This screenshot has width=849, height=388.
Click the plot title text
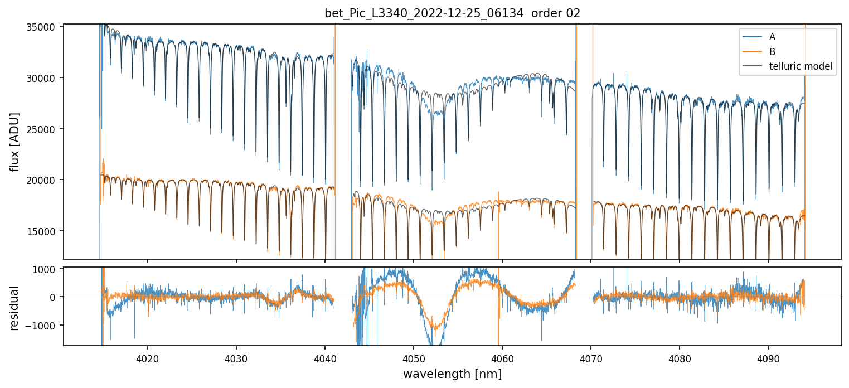452,13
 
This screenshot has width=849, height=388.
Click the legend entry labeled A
772,37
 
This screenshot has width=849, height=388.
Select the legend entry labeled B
772,51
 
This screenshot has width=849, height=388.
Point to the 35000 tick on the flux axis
42,27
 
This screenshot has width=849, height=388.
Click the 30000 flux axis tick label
42,78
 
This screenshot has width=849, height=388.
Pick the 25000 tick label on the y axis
42,129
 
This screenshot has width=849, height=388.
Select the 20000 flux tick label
42,180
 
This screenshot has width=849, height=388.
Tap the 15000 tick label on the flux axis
42,231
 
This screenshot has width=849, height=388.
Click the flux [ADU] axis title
15,142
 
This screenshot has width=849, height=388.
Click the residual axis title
15,308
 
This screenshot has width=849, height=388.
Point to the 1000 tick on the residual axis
47,269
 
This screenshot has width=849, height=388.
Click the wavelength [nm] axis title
452,374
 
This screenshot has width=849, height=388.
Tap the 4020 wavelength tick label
147,358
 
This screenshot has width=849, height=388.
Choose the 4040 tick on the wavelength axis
325,358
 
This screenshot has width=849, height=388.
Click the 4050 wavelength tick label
414,358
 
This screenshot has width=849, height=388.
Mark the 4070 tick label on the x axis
591,358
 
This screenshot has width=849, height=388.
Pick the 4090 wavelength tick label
769,358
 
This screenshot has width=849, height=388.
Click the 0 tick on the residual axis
53,297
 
